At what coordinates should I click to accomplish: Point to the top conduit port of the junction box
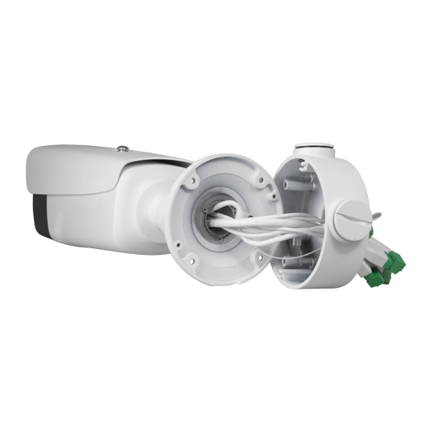pos(318,148)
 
